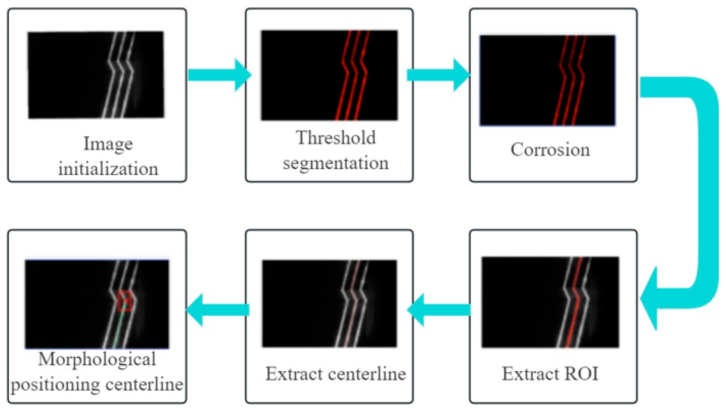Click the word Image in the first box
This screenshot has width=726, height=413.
[108, 144]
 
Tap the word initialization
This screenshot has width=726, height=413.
[108, 169]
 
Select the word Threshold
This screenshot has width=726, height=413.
[336, 138]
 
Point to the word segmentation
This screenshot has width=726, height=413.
[336, 163]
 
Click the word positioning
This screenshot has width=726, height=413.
[55, 385]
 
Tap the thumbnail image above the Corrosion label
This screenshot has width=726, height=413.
[547, 80]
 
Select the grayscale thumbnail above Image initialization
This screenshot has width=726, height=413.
[96, 75]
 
